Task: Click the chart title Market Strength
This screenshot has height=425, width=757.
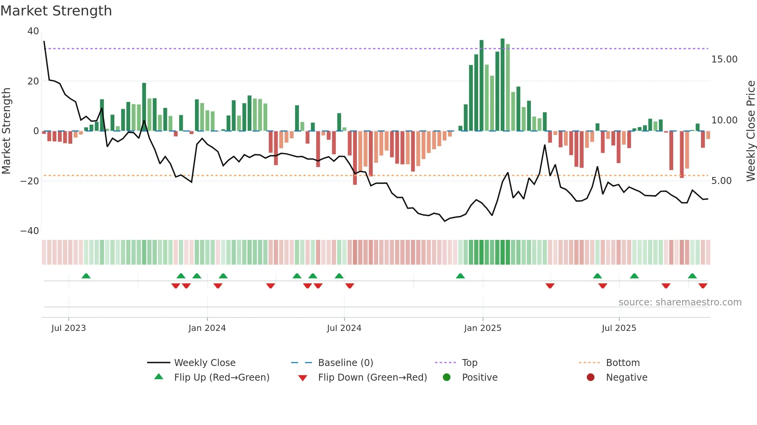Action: (56, 11)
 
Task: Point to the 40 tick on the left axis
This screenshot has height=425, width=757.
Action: (33, 31)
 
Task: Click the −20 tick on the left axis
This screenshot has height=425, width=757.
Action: (30, 181)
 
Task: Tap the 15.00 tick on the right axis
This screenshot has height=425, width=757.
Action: (724, 59)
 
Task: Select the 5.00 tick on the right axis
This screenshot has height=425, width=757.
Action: (721, 181)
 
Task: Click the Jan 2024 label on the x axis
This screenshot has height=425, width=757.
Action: (207, 328)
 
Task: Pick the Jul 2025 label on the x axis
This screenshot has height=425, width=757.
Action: (619, 328)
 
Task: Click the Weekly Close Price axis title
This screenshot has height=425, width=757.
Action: (750, 131)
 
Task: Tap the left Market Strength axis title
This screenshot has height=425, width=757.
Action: (7, 131)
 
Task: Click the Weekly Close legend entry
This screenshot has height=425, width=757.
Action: (204, 363)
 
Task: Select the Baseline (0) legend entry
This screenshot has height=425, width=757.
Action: (345, 363)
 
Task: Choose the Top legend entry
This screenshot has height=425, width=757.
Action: (469, 363)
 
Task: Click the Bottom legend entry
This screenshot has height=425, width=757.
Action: (623, 363)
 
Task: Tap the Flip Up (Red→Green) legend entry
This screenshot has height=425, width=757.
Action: (221, 378)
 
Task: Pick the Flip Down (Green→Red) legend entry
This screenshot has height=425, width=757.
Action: (372, 378)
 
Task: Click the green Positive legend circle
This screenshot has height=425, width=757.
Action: (447, 378)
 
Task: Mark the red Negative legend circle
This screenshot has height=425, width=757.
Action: (591, 378)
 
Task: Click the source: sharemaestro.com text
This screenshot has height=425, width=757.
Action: (680, 302)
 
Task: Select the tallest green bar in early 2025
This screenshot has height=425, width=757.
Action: (502, 85)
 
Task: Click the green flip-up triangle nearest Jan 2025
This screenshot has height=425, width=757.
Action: (460, 276)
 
